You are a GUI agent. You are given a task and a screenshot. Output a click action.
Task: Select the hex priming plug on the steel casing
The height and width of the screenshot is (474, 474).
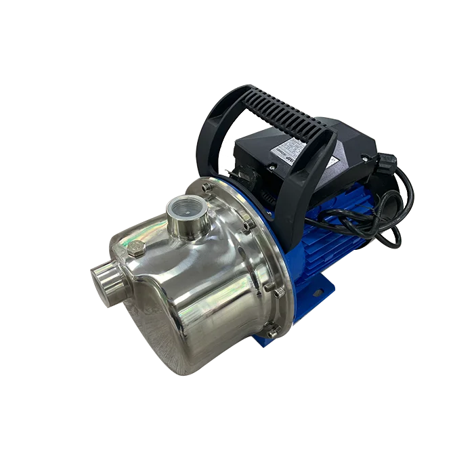135,249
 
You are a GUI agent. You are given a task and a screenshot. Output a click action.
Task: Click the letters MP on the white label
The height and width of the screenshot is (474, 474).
293,163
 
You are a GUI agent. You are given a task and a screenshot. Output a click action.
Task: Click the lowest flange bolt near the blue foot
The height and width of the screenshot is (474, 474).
272,332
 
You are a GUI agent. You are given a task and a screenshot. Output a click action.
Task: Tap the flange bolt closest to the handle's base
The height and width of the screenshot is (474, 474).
250,223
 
